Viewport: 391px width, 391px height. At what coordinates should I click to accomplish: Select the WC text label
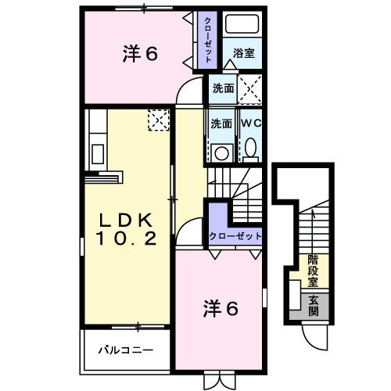click(251, 123)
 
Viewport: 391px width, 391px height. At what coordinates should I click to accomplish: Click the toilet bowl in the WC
click(250, 147)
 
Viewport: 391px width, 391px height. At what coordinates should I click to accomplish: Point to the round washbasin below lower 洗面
click(221, 152)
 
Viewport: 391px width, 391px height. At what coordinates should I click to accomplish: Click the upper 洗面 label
click(223, 89)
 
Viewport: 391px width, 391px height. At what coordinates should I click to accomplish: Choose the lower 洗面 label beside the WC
click(221, 123)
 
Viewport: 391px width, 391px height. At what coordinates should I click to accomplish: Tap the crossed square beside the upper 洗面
click(251, 89)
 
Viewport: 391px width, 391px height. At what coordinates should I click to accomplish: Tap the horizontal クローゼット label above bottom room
click(234, 236)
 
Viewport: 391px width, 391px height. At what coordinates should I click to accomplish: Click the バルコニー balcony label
click(125, 350)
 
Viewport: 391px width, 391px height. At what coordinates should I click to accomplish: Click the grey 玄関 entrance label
click(314, 306)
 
